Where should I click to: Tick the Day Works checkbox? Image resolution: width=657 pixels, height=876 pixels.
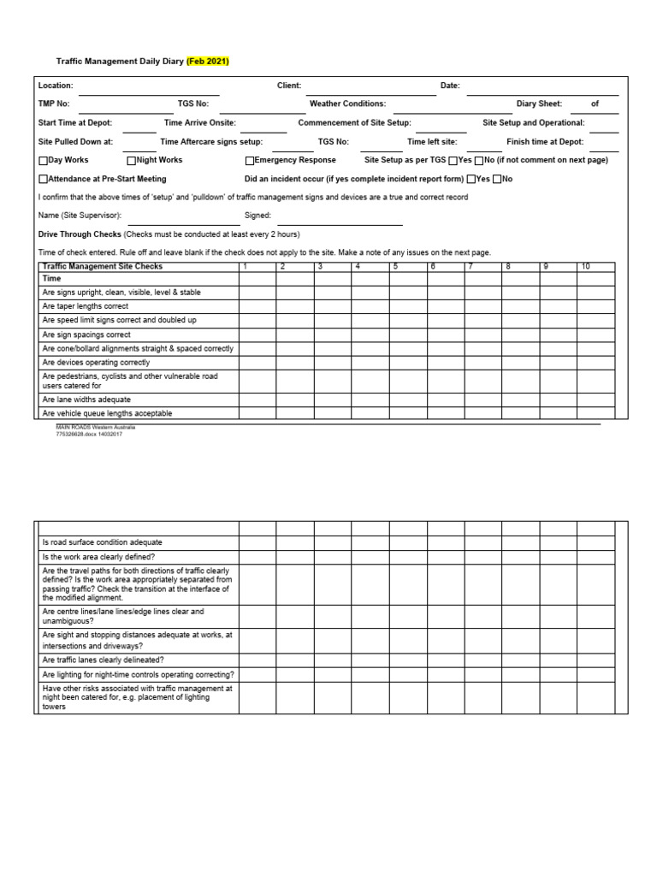[44, 161]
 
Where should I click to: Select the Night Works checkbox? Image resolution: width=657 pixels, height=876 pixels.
[132, 161]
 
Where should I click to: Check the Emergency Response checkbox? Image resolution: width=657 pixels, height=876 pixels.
[250, 161]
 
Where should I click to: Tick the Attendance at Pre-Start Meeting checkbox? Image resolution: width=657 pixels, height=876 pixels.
[44, 180]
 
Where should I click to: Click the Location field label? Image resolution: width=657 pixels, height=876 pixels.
[56, 86]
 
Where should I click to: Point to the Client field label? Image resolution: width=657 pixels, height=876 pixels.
[289, 86]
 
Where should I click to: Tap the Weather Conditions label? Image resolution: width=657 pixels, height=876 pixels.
[347, 104]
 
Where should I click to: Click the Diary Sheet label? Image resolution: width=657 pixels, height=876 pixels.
[539, 104]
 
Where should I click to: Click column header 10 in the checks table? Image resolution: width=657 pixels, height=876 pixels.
[586, 267]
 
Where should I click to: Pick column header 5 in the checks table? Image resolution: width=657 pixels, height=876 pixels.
[395, 267]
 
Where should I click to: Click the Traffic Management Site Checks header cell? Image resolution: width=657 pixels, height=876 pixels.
[102, 267]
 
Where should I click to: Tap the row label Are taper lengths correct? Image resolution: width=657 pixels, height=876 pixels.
[86, 306]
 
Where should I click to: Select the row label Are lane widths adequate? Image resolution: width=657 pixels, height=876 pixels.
[86, 400]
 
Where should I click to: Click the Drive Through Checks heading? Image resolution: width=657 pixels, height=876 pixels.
[80, 234]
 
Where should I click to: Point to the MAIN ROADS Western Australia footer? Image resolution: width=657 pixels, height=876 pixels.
[95, 426]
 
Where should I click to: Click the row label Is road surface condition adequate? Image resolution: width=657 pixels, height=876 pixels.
[102, 542]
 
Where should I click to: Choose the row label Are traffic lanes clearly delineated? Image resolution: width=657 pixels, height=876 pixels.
[103, 660]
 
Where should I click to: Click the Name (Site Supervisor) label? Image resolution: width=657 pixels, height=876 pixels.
[80, 216]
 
